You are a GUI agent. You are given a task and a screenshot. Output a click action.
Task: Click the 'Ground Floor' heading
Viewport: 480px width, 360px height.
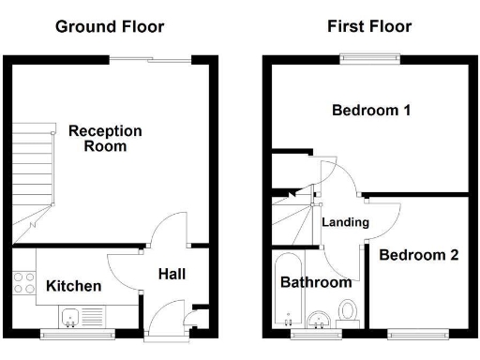point(110,26)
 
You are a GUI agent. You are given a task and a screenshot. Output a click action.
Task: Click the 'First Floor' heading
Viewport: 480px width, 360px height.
point(368,26)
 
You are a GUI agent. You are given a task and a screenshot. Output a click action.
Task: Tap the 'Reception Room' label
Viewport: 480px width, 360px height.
point(105,139)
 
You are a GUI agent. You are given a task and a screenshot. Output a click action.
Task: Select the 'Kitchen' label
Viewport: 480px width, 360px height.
point(74,286)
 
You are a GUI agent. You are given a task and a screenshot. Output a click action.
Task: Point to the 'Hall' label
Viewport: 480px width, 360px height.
point(172,275)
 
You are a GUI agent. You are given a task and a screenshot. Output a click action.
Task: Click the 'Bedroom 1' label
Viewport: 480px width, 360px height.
point(371,111)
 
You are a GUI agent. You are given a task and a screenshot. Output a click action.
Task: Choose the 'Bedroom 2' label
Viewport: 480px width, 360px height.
point(419,254)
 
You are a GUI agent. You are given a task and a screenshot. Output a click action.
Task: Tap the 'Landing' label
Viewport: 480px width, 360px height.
point(345,222)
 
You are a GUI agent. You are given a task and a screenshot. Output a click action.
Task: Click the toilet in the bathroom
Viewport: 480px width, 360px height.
point(348,312)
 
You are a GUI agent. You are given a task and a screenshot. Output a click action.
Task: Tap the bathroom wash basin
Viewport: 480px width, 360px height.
point(320,318)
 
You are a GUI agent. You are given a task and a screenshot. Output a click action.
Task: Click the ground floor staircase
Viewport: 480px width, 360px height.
point(30,178)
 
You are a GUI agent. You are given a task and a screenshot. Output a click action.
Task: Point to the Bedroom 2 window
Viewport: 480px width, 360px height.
point(417,333)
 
